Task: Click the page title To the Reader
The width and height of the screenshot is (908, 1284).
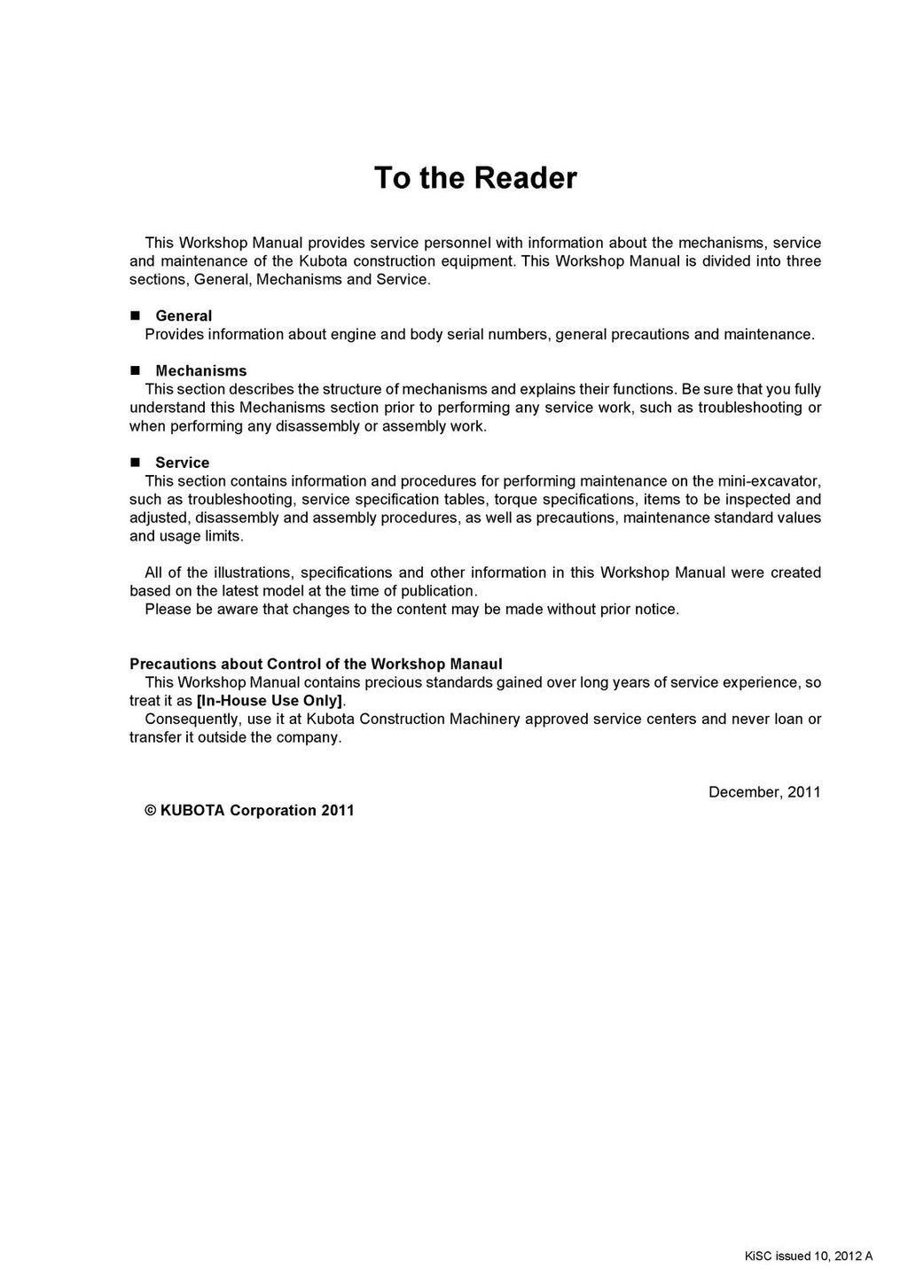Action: pos(475,178)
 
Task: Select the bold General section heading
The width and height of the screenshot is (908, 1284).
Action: pos(184,315)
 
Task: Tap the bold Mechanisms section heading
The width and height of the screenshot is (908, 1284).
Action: pos(201,370)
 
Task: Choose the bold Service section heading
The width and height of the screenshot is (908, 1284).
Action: pos(183,463)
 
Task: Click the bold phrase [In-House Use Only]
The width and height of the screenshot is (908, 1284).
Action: pos(270,700)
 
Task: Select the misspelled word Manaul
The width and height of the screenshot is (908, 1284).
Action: pos(474,664)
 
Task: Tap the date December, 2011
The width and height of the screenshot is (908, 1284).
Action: pos(764,791)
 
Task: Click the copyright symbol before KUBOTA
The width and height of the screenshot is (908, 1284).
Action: pos(151,810)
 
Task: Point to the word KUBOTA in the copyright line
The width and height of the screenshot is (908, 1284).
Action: pos(192,810)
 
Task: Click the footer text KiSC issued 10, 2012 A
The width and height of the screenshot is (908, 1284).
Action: pos(808,1256)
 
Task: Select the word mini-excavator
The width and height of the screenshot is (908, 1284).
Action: pos(769,481)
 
